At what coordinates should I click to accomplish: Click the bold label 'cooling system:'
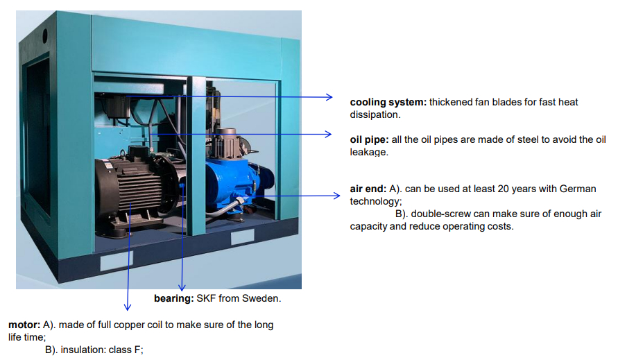[x=388, y=102]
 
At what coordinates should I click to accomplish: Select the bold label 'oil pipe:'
[x=369, y=139]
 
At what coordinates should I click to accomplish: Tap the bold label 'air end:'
[x=368, y=189]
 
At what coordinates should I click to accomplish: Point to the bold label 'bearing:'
[x=174, y=298]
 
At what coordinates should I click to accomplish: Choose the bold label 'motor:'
[x=24, y=325]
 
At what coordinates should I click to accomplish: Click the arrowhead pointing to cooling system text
[x=329, y=97]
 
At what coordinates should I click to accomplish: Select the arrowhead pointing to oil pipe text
[x=328, y=134]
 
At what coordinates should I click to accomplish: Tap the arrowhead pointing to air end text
[x=336, y=196]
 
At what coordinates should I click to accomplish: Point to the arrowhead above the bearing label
[x=182, y=288]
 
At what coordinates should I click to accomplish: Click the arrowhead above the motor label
[x=128, y=307]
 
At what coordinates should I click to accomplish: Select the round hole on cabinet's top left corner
[x=45, y=36]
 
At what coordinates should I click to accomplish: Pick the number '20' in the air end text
[x=504, y=189]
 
